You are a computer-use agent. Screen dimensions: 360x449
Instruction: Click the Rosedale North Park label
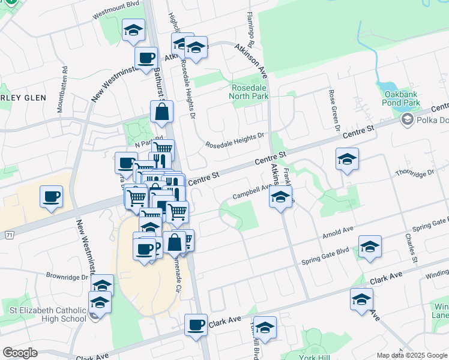click(250, 91)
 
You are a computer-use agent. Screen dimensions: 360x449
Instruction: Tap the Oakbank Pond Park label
click(400, 98)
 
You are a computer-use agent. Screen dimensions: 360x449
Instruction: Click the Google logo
click(20, 353)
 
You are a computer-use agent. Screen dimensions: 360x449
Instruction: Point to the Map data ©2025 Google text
click(411, 355)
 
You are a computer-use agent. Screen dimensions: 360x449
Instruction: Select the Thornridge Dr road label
click(414, 173)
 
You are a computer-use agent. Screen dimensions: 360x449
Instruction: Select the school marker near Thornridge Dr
click(347, 159)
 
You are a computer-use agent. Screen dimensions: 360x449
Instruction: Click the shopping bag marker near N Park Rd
click(161, 111)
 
